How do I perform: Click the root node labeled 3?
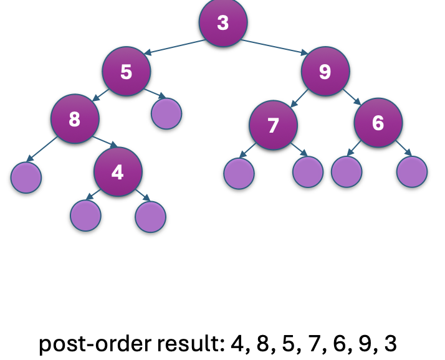(223, 22)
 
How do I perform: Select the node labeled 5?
(127, 71)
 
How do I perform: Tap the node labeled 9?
(325, 71)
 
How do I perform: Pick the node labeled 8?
(75, 118)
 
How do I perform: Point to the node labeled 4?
(118, 172)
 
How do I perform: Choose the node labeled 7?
(274, 125)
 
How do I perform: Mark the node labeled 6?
(378, 123)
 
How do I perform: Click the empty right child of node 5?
(166, 114)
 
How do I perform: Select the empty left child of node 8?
(26, 178)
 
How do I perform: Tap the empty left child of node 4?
(85, 216)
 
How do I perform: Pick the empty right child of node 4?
(150, 217)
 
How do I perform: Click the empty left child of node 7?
(239, 174)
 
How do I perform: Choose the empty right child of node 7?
(308, 172)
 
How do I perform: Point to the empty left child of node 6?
(347, 172)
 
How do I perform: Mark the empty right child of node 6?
(412, 172)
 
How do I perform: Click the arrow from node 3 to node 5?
(175, 47)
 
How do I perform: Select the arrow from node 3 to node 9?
(274, 47)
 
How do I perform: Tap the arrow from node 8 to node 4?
(105, 141)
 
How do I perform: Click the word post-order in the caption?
(95, 344)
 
